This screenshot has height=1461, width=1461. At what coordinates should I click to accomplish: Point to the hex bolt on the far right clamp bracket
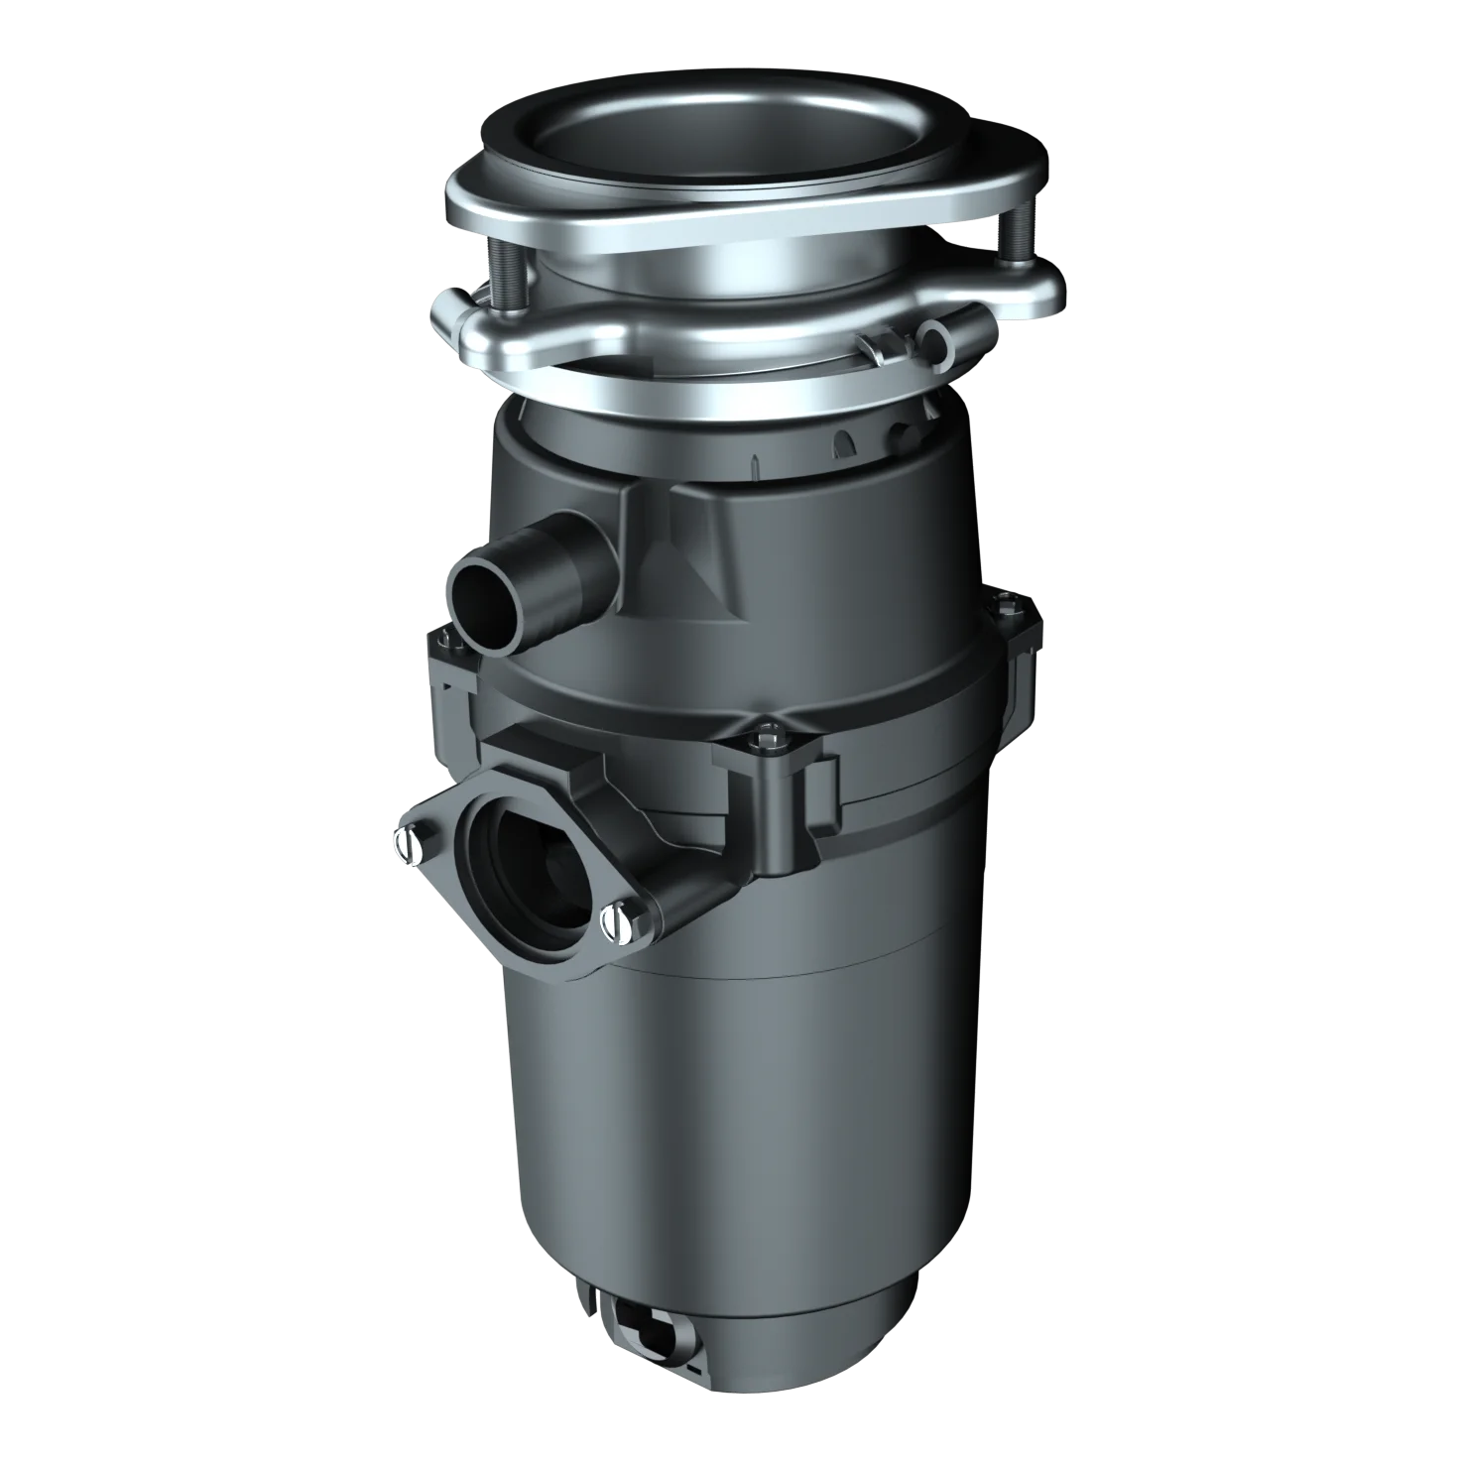[1007, 598]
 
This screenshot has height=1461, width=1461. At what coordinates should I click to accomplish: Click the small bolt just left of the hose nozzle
[457, 644]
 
